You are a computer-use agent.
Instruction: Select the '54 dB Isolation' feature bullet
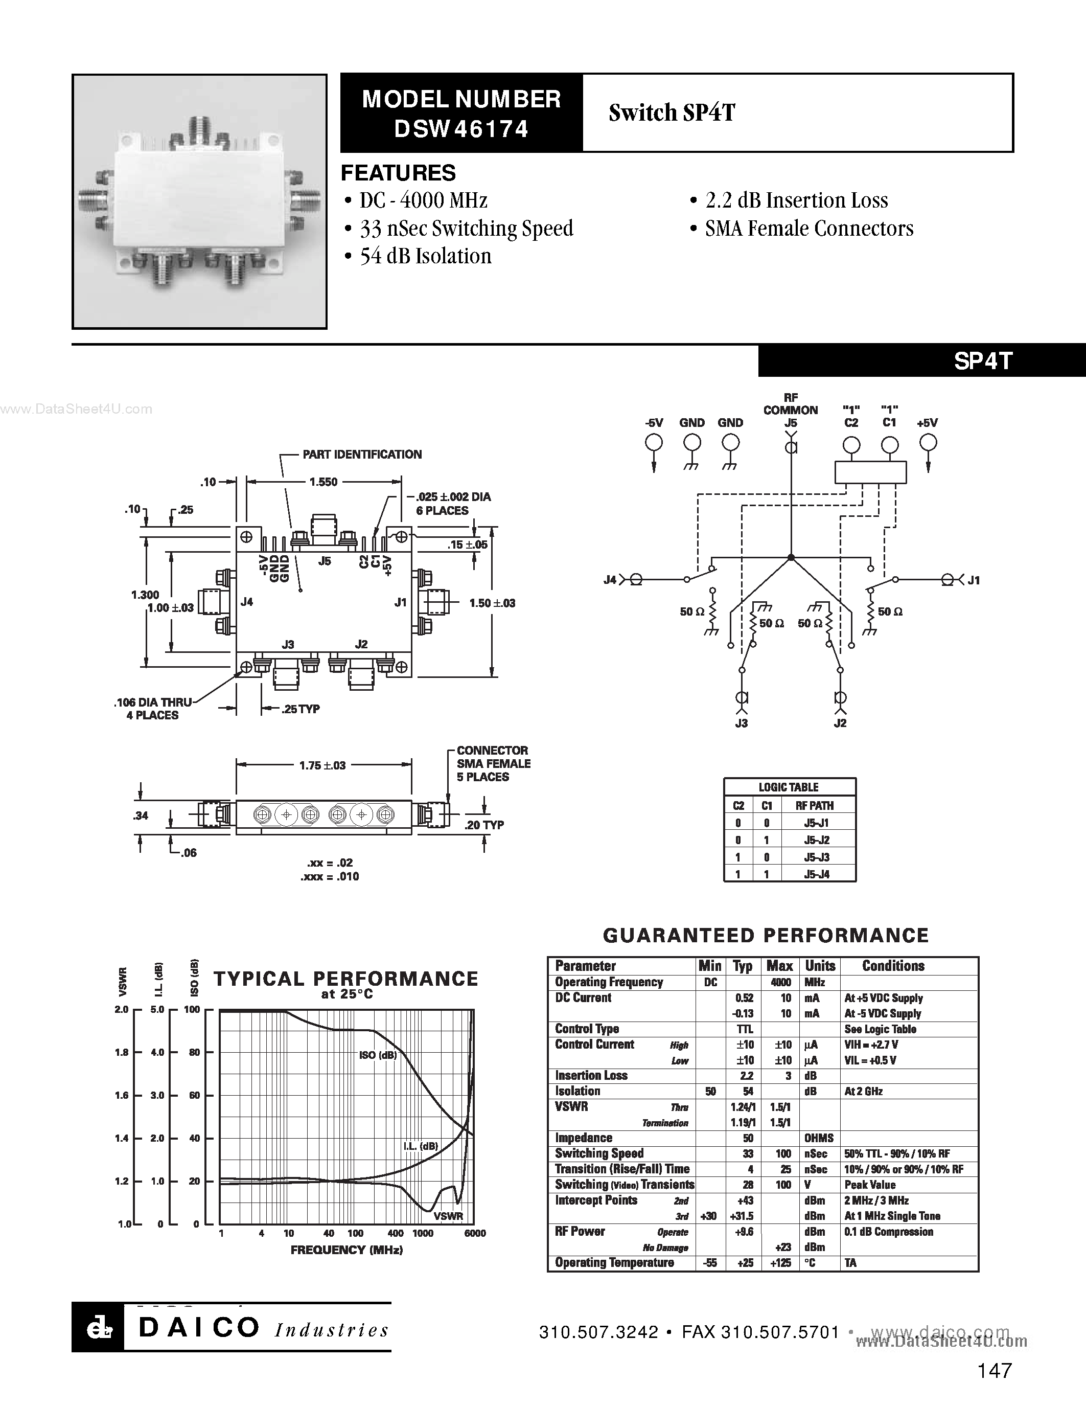(418, 256)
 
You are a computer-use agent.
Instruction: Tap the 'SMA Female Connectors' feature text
(802, 229)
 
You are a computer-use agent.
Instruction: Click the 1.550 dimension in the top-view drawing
(323, 482)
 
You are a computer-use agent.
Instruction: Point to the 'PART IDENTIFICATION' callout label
(362, 455)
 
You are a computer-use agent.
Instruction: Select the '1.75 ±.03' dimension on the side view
(322, 765)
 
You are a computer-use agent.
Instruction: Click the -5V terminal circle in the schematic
(654, 443)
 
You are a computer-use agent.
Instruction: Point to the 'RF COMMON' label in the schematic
(791, 403)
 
